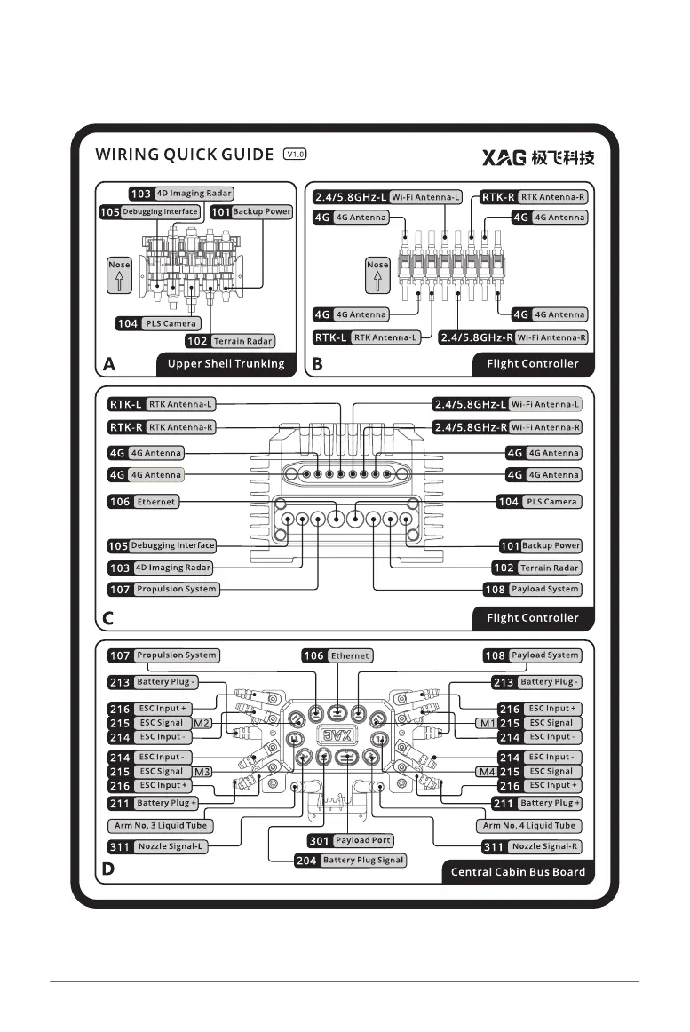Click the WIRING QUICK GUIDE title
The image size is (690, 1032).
184,155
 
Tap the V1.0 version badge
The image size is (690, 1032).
295,154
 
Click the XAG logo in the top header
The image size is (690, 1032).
538,157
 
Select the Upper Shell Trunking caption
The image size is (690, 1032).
226,363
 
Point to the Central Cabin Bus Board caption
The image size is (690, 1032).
518,871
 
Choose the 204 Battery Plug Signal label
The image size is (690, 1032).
351,860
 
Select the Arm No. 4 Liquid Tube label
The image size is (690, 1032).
526,826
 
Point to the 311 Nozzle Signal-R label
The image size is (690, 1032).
531,847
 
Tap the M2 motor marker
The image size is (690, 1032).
202,723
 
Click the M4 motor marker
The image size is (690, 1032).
486,771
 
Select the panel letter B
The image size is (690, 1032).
317,363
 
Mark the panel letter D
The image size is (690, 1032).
108,870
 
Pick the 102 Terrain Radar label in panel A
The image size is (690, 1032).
231,341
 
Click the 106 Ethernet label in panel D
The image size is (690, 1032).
337,655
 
